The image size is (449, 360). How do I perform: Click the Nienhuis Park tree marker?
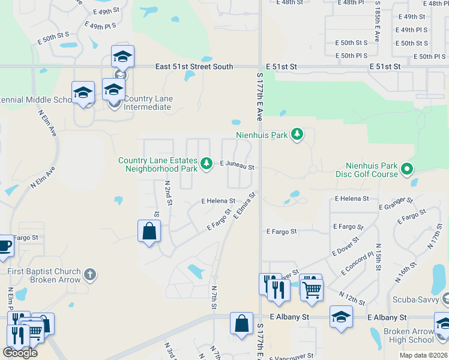pos(297,134)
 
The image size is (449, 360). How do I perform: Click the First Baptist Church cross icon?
pos(89,275)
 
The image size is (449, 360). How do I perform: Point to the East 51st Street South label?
pos(193,67)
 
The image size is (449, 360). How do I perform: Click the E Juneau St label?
pos(237,163)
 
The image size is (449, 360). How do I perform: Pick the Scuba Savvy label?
pos(415,299)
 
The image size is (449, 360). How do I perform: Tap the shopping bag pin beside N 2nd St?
pos(149,231)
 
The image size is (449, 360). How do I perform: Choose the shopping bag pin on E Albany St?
pos(241,323)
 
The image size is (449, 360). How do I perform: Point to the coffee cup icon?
pos(4,245)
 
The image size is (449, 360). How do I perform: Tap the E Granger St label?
pos(396,204)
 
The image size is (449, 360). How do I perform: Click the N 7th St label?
pos(214,298)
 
